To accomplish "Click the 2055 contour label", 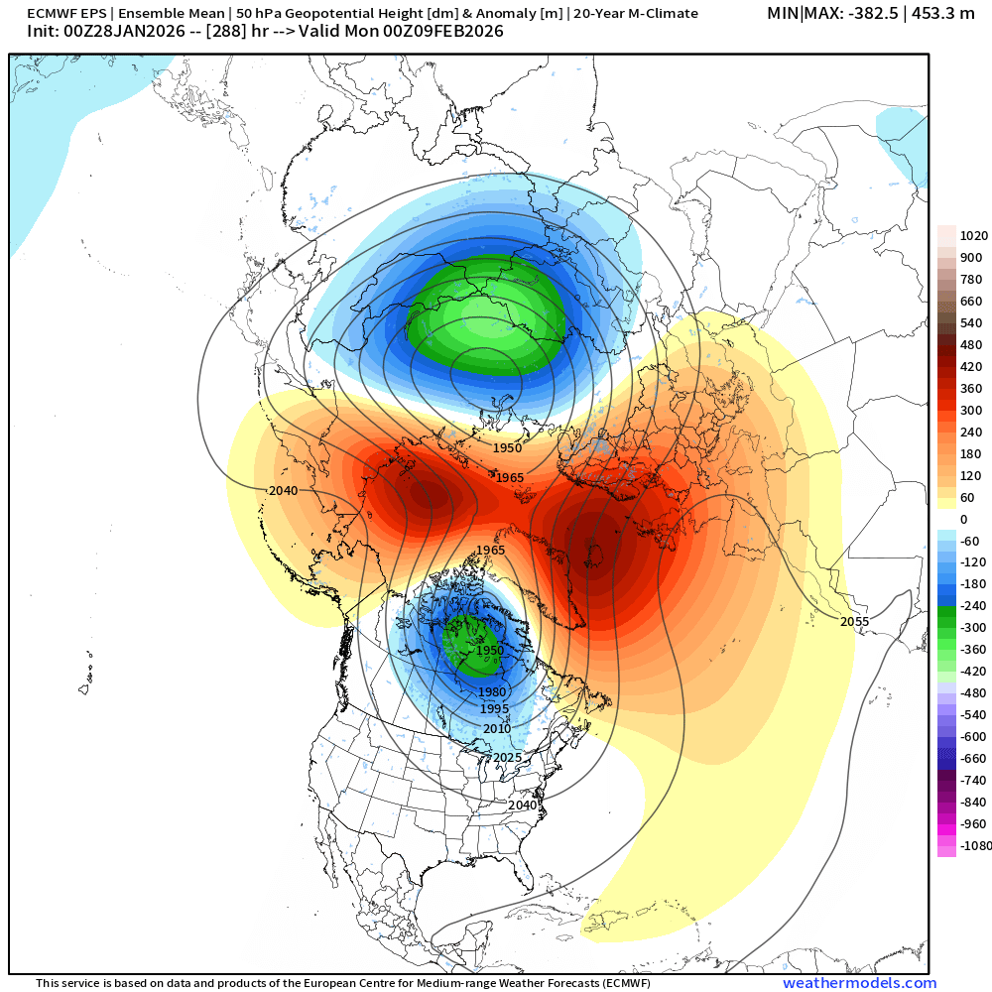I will (x=855, y=621).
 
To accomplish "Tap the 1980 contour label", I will (x=493, y=691).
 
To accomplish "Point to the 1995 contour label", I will (x=495, y=708).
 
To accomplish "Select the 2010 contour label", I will (x=497, y=728).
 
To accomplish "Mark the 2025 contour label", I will (x=506, y=757).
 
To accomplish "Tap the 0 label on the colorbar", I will (x=962, y=519).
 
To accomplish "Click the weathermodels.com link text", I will (x=859, y=983).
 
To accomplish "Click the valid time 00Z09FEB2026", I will (x=445, y=32).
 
